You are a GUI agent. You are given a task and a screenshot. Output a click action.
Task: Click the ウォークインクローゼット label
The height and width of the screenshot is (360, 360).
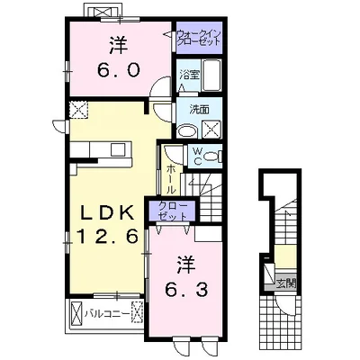pos(199,37)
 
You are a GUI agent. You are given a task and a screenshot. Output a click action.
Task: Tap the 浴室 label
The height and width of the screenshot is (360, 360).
pos(189,75)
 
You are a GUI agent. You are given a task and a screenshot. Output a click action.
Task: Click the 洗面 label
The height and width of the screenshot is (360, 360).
pos(199,110)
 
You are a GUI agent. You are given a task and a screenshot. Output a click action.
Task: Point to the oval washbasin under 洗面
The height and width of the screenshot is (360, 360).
pos(186,131)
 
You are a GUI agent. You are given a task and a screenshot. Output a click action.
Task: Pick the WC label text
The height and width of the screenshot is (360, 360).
pos(198,155)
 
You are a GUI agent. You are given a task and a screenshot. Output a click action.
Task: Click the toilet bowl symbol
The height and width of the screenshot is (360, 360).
pos(211,157)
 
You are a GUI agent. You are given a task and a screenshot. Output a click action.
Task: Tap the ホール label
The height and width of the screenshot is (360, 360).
pos(170,179)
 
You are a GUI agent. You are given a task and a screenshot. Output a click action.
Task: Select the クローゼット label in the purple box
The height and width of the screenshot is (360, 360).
pos(173,211)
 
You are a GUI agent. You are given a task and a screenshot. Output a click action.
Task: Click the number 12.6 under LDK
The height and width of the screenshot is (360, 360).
pos(108,236)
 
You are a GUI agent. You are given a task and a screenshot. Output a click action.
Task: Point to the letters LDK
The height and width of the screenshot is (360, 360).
pos(107,213)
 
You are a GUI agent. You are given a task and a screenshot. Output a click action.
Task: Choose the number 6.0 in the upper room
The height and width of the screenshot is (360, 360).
pos(118,70)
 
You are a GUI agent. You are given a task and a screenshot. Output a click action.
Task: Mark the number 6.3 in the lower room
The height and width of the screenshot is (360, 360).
pos(186,290)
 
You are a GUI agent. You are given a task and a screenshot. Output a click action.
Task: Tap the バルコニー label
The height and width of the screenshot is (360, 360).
pos(107,313)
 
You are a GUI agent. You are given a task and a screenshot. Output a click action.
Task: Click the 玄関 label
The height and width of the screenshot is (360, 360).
pos(286,283)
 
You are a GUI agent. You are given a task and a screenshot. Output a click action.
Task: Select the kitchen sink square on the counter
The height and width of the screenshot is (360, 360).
pos(118,149)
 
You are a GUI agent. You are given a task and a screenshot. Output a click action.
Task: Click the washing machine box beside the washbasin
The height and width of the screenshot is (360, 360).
pos(211,130)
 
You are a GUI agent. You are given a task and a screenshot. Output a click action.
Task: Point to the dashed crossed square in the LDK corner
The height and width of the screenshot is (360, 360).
pos(78,110)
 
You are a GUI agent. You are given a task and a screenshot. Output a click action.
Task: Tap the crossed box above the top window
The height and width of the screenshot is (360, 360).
pos(104,12)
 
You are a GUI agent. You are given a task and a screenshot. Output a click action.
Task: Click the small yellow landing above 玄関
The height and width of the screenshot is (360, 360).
pos(285,256)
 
